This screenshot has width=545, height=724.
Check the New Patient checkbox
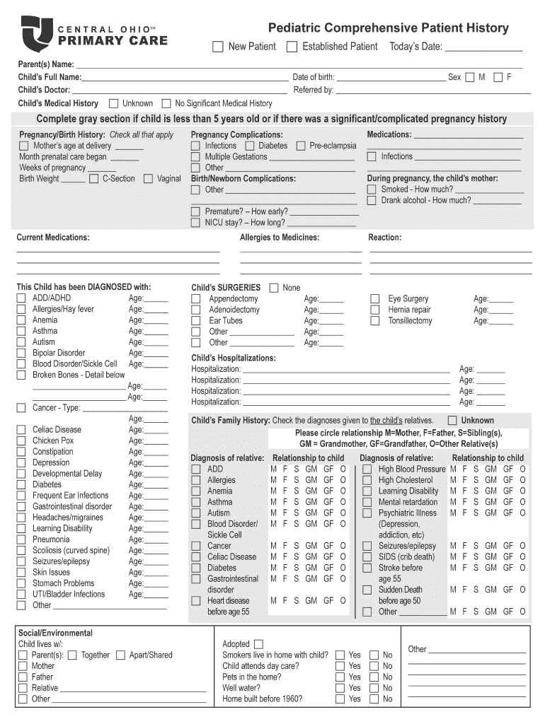[218, 47]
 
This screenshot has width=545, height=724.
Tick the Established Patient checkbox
[292, 47]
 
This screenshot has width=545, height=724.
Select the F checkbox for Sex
[498, 77]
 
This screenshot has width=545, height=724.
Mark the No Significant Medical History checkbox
[166, 103]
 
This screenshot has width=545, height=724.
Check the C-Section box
[93, 179]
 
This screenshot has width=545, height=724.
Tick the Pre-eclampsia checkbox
[301, 146]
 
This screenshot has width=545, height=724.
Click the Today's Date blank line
[483, 47]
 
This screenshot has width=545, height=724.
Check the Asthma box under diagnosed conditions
[21, 331]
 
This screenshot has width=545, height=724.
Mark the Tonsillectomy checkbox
[375, 321]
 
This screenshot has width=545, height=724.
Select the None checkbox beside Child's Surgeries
[272, 288]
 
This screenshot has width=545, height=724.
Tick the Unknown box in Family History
[452, 420]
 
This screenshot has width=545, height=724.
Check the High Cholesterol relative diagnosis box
[367, 481]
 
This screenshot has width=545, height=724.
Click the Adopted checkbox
[258, 644]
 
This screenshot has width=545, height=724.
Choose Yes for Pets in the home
[340, 677]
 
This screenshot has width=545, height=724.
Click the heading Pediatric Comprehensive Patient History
[388, 28]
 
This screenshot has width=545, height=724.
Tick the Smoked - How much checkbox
[372, 189]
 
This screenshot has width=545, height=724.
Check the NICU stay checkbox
[195, 223]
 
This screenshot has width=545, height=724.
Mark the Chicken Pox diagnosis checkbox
[21, 440]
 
